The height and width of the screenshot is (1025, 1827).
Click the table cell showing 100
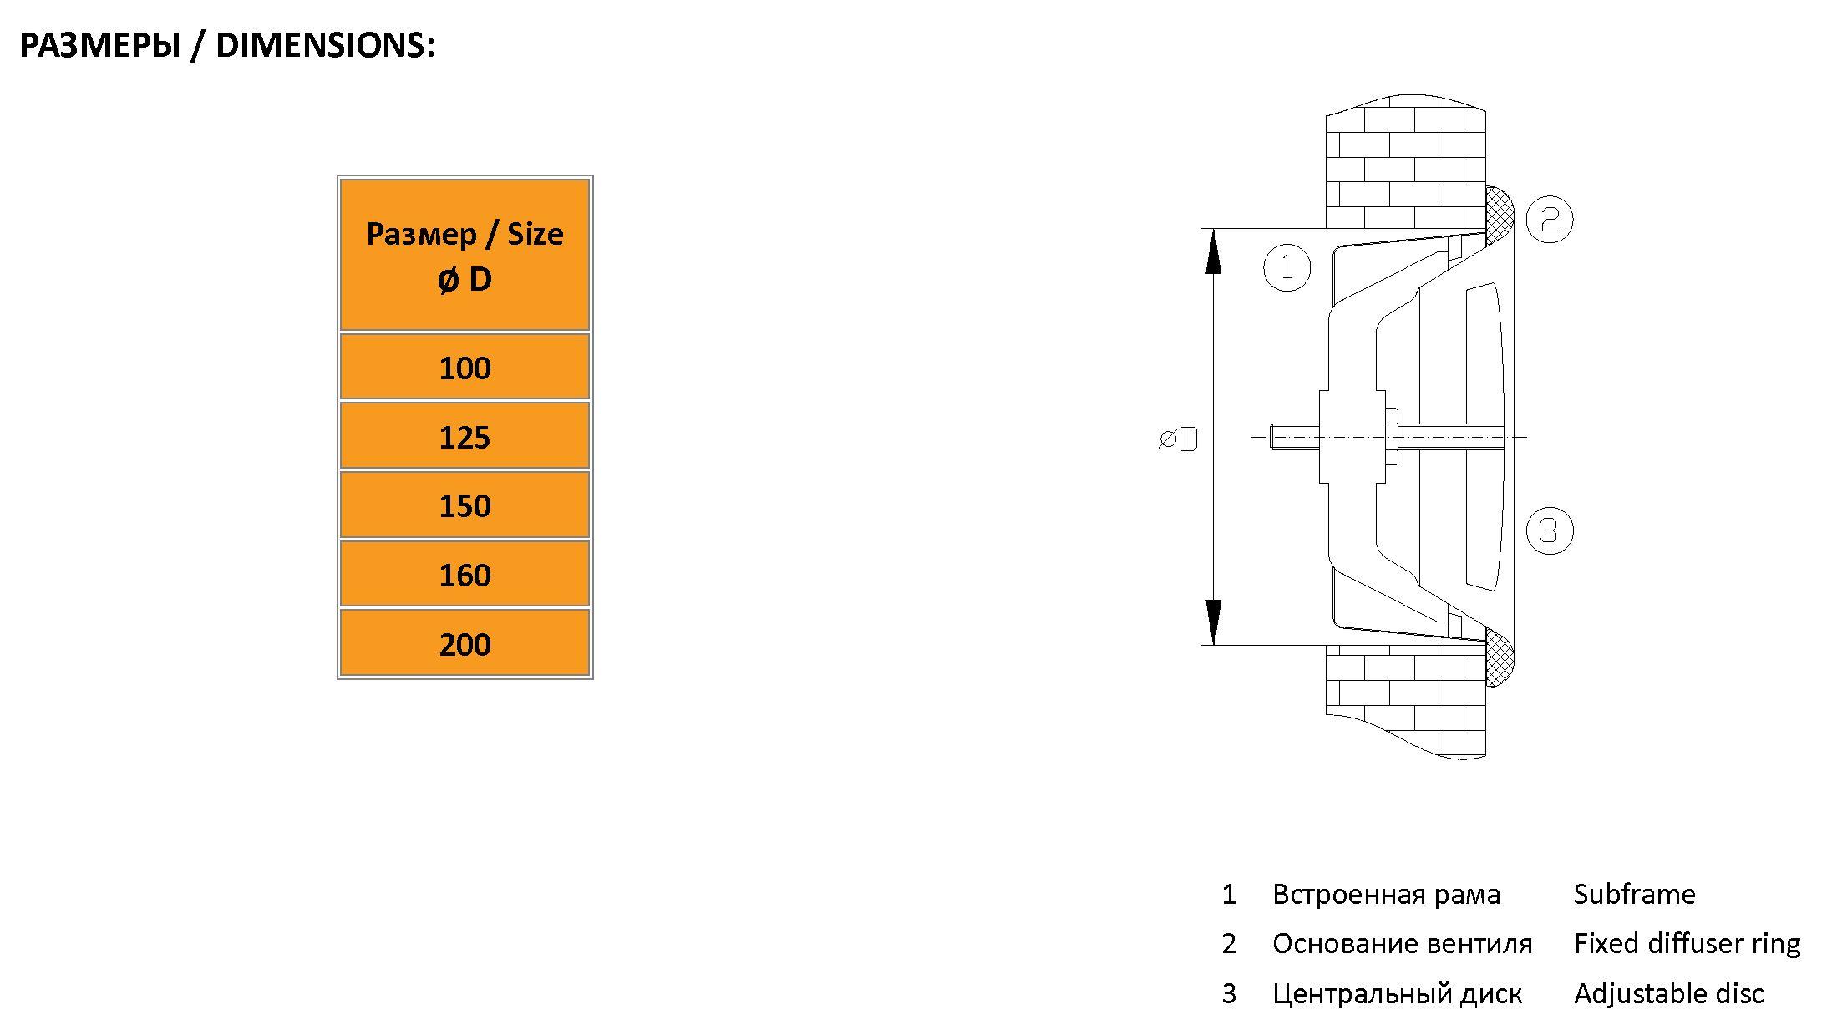point(464,367)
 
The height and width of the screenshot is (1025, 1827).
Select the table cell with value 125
point(464,436)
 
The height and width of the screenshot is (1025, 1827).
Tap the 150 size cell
point(464,505)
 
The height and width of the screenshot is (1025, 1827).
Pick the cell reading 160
point(464,574)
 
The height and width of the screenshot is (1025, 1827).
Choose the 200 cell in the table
point(464,642)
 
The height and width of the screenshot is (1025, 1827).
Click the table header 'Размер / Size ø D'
point(464,255)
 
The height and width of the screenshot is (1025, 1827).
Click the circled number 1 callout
point(1287,267)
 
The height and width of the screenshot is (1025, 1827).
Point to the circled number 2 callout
point(1550,219)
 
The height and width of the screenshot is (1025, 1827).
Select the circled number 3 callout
point(1550,530)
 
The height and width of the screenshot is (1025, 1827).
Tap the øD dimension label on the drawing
point(1178,439)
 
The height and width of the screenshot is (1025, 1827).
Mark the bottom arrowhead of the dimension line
point(1214,622)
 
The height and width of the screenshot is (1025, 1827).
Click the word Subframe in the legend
point(1634,895)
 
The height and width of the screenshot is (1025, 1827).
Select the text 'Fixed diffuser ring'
point(1687,944)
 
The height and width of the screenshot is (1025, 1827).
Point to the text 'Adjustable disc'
point(1668,993)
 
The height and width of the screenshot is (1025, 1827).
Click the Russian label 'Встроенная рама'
point(1386,895)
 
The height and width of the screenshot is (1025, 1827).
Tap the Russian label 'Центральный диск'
point(1397,994)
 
